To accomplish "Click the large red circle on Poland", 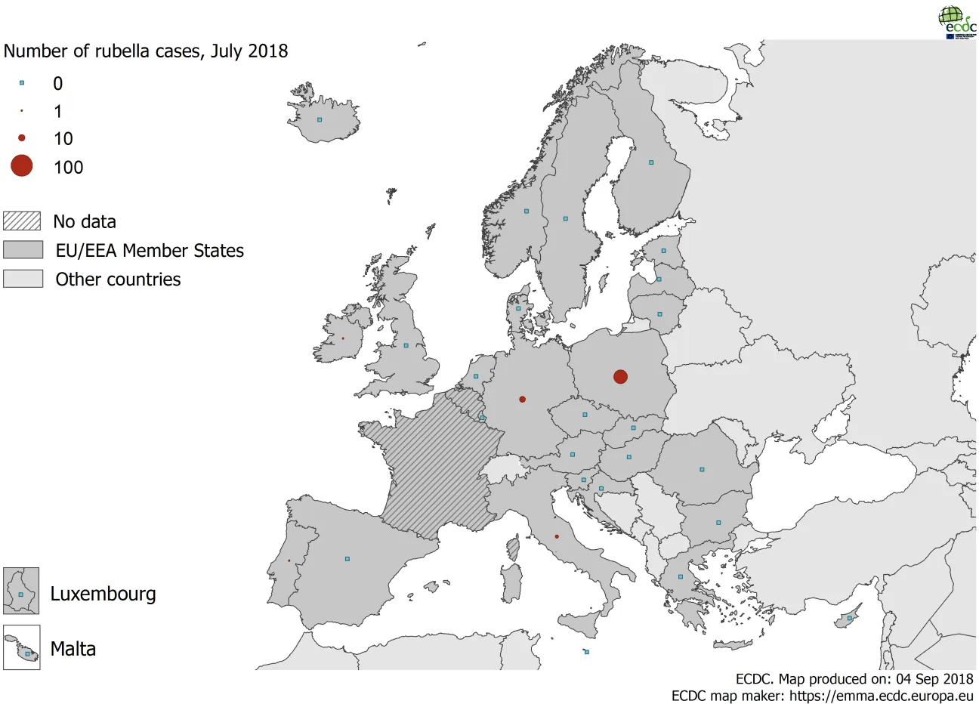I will [x=620, y=376].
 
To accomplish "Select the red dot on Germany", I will [x=522, y=399].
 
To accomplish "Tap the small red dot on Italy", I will [x=557, y=536].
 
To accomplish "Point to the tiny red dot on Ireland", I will [x=342, y=338].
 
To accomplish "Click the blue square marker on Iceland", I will [x=320, y=119].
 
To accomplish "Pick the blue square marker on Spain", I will [x=347, y=559].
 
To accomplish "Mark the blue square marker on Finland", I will [x=651, y=162].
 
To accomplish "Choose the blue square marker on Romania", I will [x=702, y=470].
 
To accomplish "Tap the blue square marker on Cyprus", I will [x=850, y=619].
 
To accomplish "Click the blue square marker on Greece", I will [x=680, y=577].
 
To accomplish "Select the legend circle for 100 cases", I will [x=22, y=165].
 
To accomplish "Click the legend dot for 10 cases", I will [x=22, y=137].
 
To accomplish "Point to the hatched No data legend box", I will [x=22, y=221].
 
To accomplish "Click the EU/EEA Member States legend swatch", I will [x=23, y=250].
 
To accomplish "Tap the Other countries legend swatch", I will [x=23, y=279].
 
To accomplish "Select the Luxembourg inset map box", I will [x=21, y=591].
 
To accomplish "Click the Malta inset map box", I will [x=21, y=647].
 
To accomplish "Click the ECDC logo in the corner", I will [x=956, y=22].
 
